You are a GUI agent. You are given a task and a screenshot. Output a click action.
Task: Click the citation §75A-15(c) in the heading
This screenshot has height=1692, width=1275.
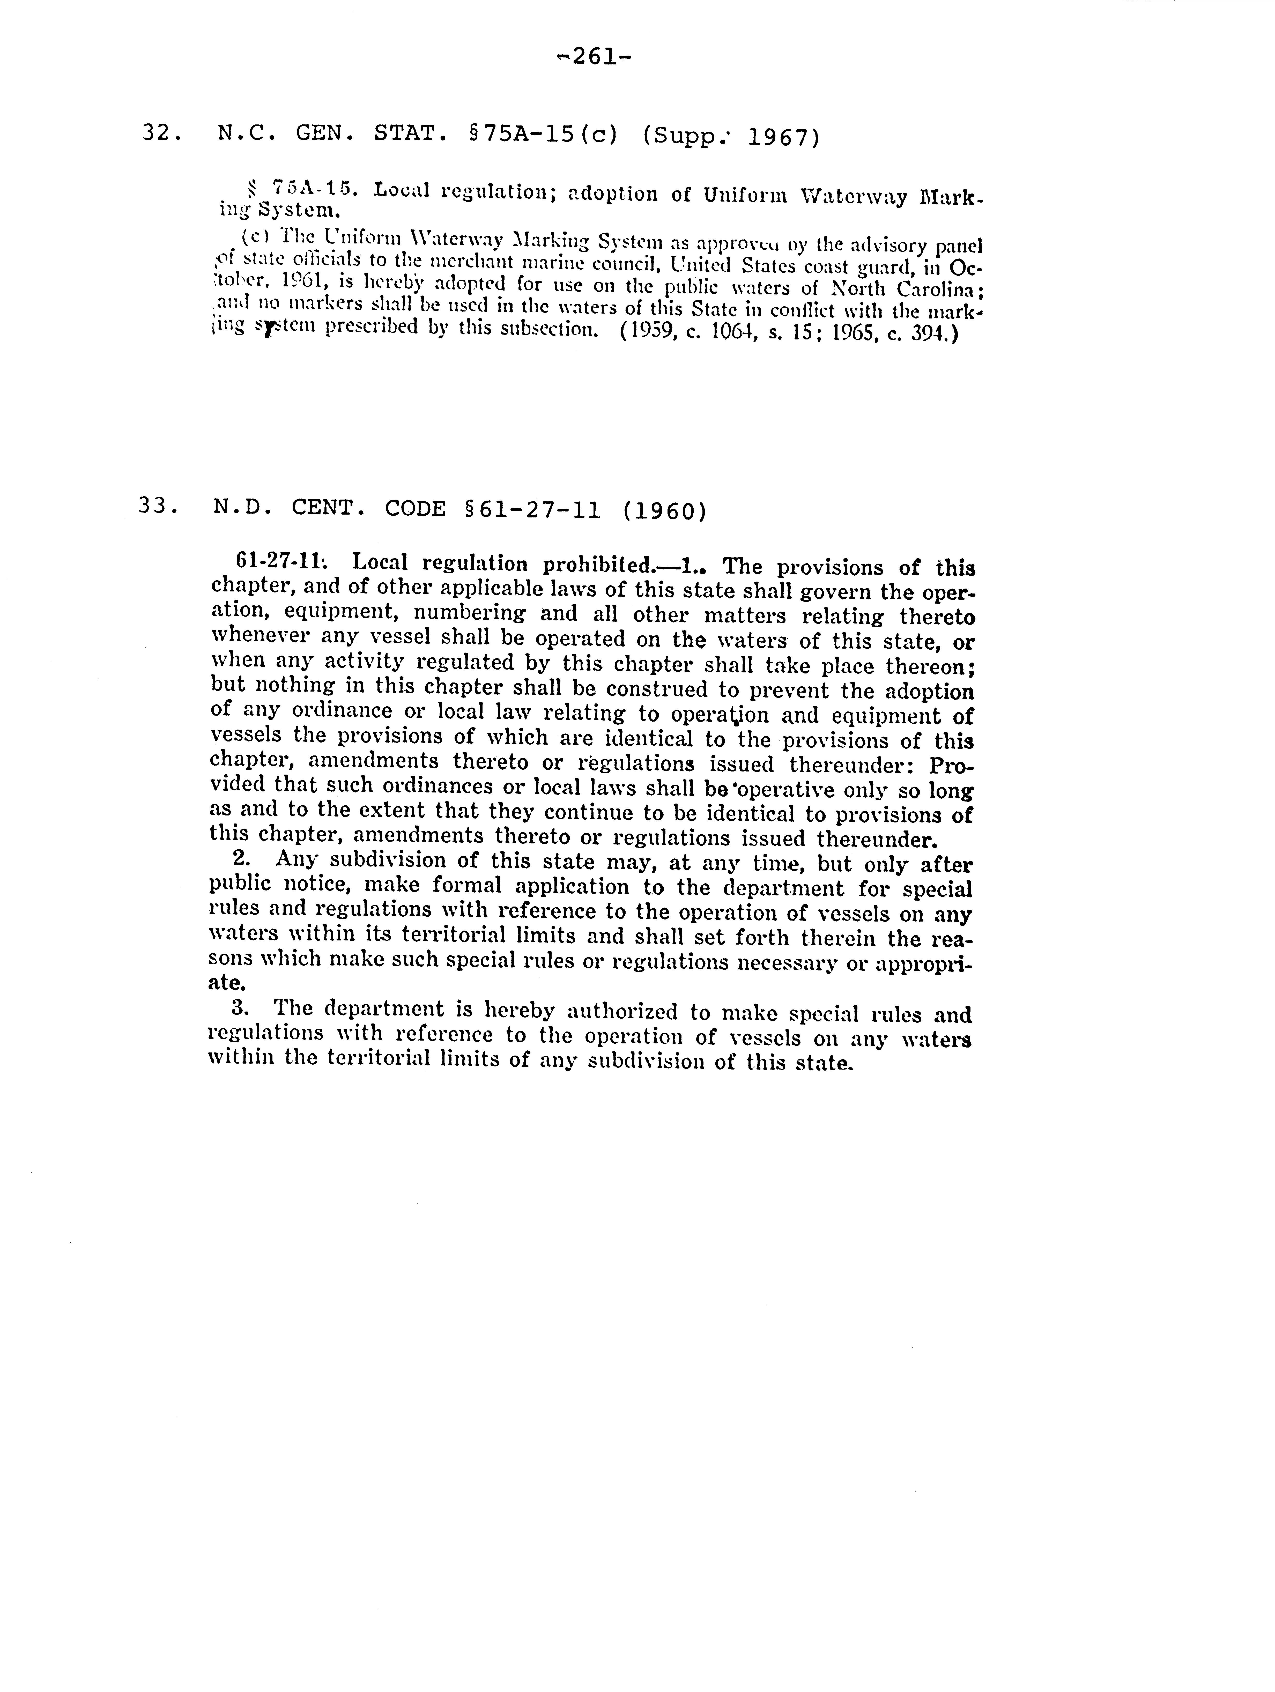point(542,135)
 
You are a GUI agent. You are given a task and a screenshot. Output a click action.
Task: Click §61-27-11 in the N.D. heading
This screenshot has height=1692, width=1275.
point(532,509)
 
